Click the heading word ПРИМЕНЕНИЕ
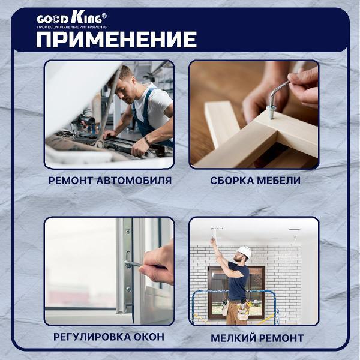[x=116, y=40]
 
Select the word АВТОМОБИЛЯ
[x=137, y=181]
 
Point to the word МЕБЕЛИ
[x=280, y=181]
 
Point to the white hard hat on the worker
[x=244, y=251]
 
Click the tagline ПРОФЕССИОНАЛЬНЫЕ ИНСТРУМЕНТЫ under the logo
[x=72, y=28]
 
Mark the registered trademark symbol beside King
[x=104, y=14]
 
